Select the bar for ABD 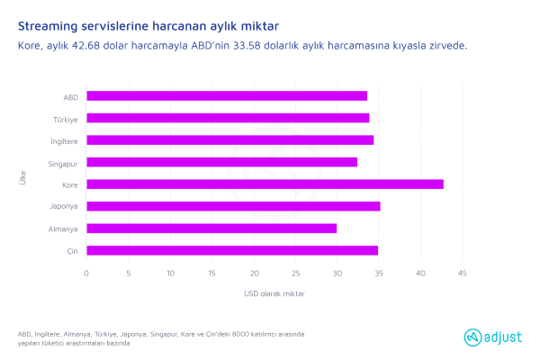227,95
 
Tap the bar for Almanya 211,228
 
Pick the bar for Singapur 221,162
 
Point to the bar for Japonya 233,206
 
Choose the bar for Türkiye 228,118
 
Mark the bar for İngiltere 229,139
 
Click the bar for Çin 232,250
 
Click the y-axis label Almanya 64,229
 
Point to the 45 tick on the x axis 462,273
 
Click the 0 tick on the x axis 86,273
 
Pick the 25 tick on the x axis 295,273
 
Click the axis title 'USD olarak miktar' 274,293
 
